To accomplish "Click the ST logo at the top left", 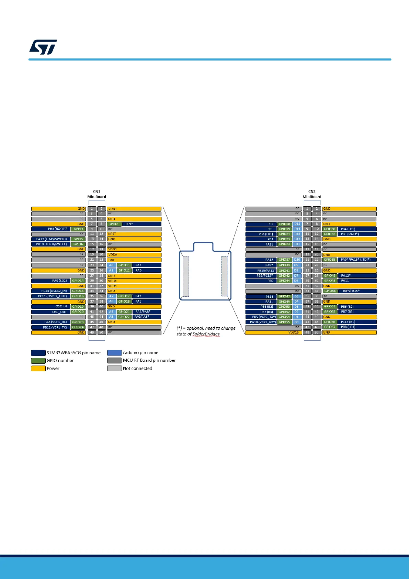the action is coord(43,47).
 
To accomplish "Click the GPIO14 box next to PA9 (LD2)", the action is coord(78,281).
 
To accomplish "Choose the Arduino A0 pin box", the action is coord(111,265).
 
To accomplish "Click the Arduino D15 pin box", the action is coord(297,224).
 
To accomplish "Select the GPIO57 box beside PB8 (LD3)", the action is coord(330,327).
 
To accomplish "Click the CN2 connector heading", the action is coord(312,192).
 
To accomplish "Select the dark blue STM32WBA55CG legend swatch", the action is coord(38,353).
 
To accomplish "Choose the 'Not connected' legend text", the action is coord(137,368).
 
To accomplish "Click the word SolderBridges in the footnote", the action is coord(206,334).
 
